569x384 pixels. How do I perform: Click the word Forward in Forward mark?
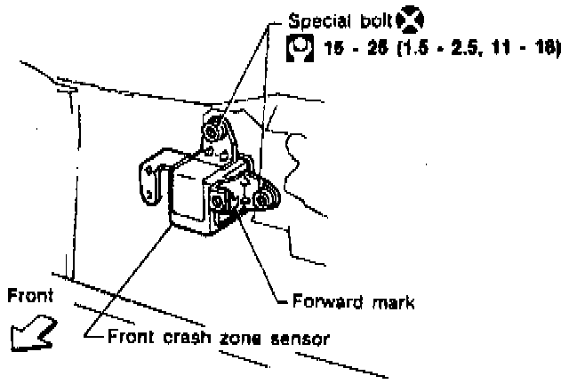[323, 301]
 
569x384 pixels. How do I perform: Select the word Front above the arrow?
[29, 296]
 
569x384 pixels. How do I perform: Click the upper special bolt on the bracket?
[212, 132]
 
